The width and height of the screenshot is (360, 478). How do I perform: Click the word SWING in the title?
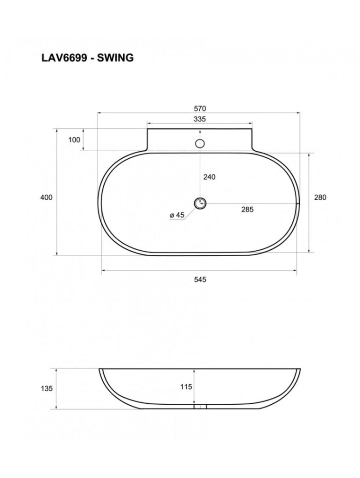(115, 58)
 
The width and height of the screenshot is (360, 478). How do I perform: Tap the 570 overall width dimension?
(200, 109)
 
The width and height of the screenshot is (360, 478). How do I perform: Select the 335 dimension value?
(200, 119)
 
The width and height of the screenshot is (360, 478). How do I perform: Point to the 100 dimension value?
(74, 140)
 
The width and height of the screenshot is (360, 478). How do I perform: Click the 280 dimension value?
(320, 197)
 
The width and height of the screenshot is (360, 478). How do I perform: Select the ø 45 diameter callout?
(178, 215)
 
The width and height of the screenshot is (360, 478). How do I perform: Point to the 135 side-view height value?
(47, 388)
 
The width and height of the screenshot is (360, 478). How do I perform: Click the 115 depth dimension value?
(186, 387)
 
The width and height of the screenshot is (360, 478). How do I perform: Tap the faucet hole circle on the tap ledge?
(200, 143)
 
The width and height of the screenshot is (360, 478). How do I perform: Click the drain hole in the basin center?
(200, 203)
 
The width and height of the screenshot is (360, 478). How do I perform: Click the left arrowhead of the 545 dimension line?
(103, 270)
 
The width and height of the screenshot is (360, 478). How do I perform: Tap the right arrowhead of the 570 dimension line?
(298, 113)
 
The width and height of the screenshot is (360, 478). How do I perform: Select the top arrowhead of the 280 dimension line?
(310, 154)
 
